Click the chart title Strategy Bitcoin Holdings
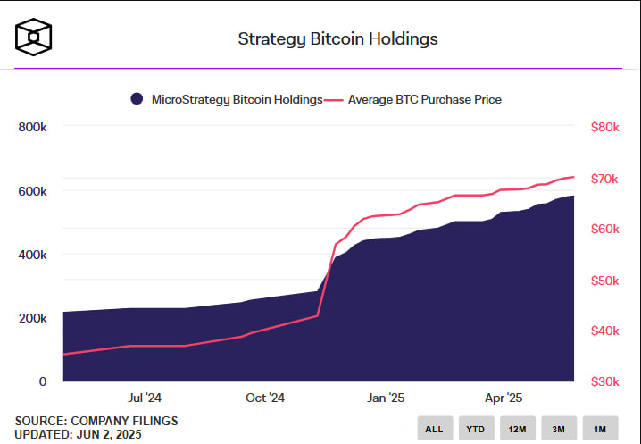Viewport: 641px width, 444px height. (337, 39)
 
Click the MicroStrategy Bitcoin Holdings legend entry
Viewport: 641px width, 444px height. (227, 99)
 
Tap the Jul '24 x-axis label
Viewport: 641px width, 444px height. (145, 398)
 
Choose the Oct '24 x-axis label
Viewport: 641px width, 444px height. (264, 398)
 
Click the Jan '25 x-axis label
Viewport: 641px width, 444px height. (386, 398)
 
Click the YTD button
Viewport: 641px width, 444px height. (475, 429)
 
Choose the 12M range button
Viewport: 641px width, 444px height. (517, 429)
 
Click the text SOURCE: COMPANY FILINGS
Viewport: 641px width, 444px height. (96, 421)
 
